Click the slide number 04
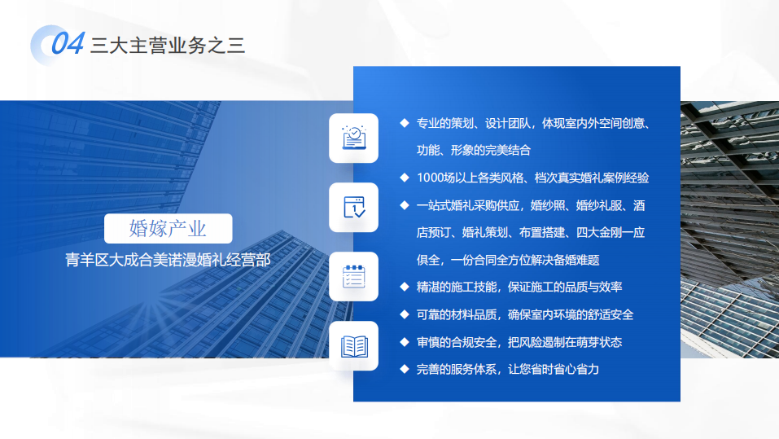coord(68,43)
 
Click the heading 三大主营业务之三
coord(168,46)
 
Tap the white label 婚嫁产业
coord(168,229)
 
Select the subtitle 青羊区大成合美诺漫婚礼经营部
coord(168,260)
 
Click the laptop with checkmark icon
coord(354,138)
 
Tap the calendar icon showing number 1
coord(354,207)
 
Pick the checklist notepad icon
coord(354,276)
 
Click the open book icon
coord(354,346)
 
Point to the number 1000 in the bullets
coord(431,178)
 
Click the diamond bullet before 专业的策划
coord(405,123)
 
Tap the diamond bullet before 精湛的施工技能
coord(405,287)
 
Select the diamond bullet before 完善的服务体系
coord(405,369)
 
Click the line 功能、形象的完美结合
coord(474,150)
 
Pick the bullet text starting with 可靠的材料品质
coord(525,314)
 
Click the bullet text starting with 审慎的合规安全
coord(519,342)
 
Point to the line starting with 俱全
coord(508,260)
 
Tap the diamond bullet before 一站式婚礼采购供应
coord(405,204)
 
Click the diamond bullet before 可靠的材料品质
coord(405,314)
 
